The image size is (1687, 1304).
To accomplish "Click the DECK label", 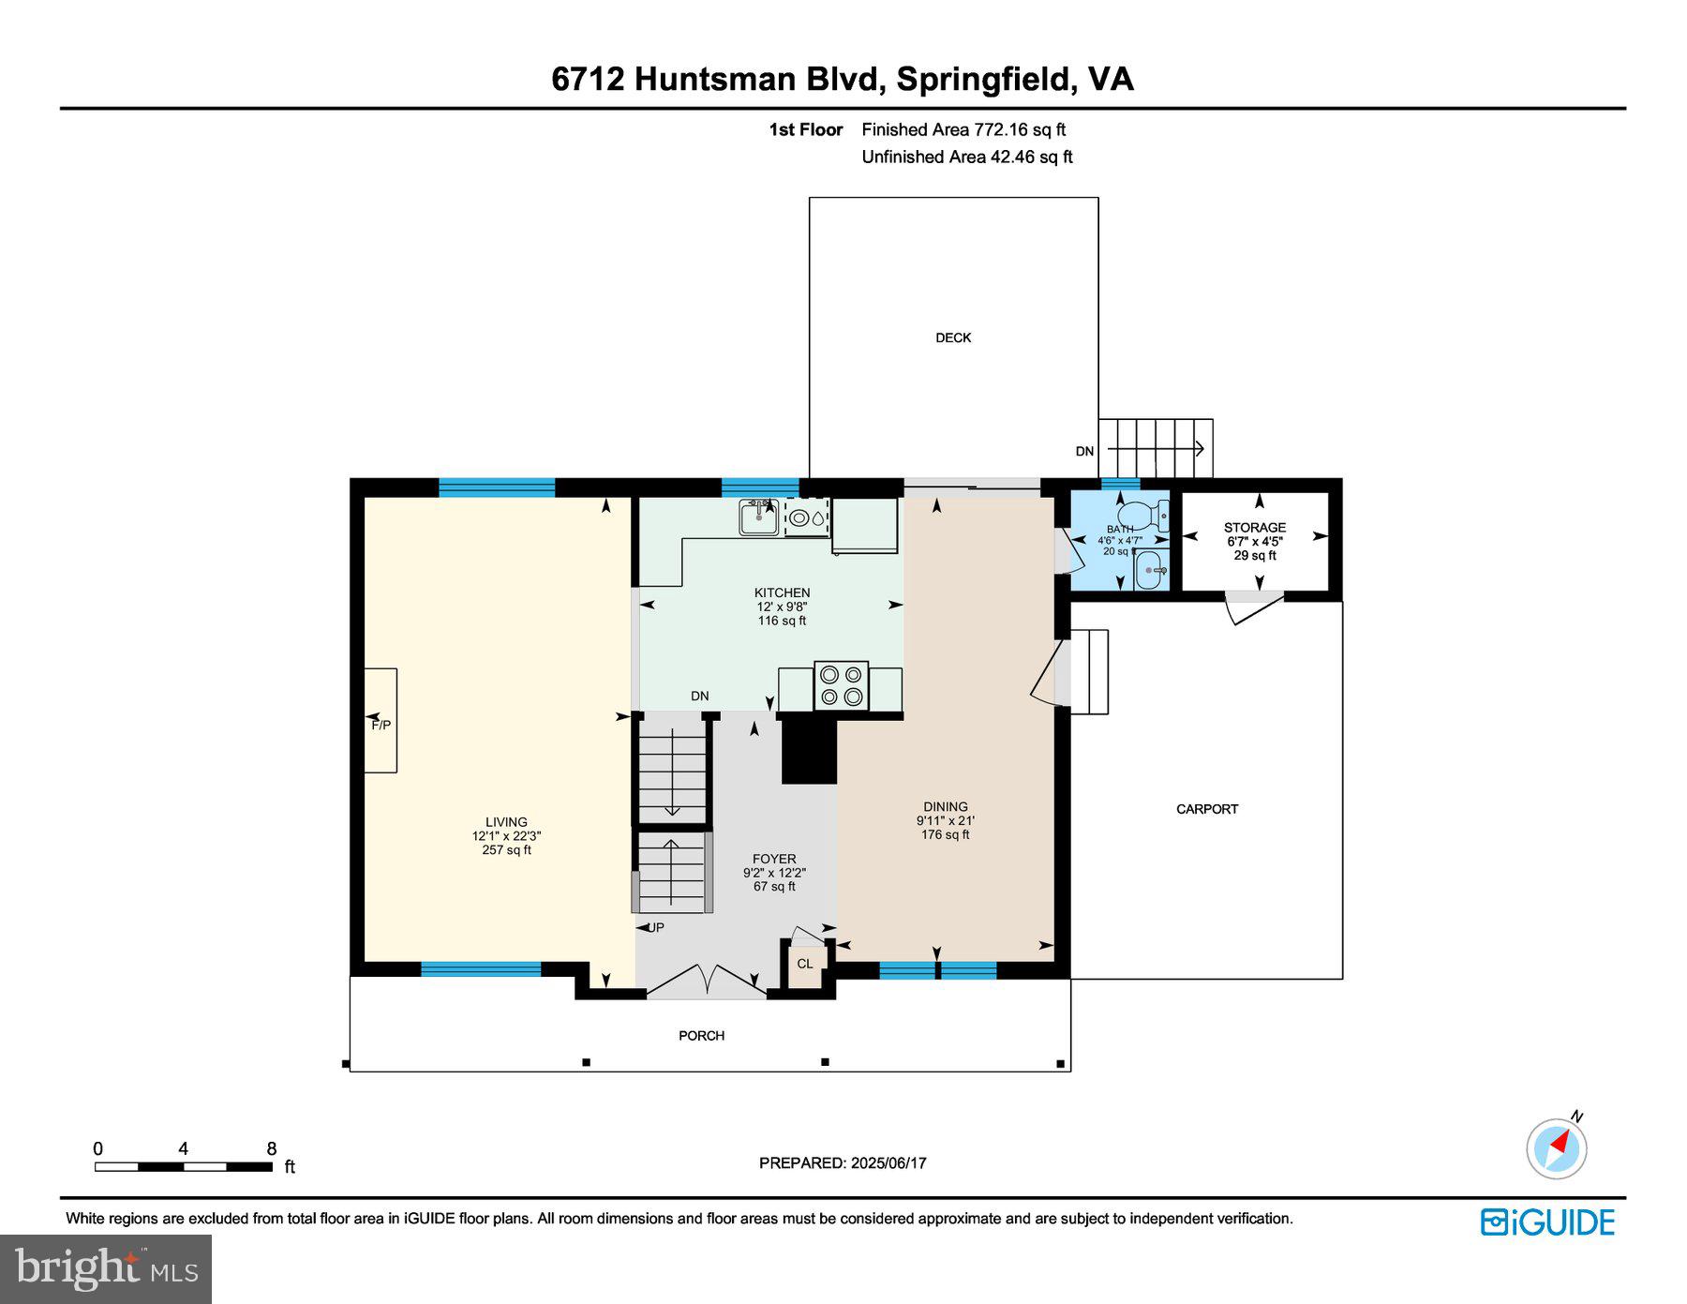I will (953, 337).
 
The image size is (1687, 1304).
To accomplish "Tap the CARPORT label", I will (1207, 809).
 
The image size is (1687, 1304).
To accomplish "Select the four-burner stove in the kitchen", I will (841, 685).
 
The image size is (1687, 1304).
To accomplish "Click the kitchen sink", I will (757, 517).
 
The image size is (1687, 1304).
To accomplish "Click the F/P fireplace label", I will (381, 726).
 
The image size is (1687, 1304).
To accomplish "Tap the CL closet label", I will (805, 964).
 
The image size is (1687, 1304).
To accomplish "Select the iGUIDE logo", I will (1547, 1222).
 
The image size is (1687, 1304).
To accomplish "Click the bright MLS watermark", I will (106, 1269).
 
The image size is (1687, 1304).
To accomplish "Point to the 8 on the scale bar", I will (272, 1148).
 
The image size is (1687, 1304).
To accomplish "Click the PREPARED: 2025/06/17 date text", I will (843, 1162).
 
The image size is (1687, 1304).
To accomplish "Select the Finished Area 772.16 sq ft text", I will (963, 130).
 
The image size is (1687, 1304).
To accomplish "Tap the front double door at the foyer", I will (707, 982).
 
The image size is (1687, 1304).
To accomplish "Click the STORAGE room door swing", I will (1252, 608).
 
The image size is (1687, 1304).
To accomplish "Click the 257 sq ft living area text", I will (506, 850).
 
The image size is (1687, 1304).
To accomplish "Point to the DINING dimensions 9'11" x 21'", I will (945, 820).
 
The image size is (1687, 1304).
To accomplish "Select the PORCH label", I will (701, 1036).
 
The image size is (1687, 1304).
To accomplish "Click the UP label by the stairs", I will (656, 928).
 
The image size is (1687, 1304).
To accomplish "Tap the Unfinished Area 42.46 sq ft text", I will (966, 157).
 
